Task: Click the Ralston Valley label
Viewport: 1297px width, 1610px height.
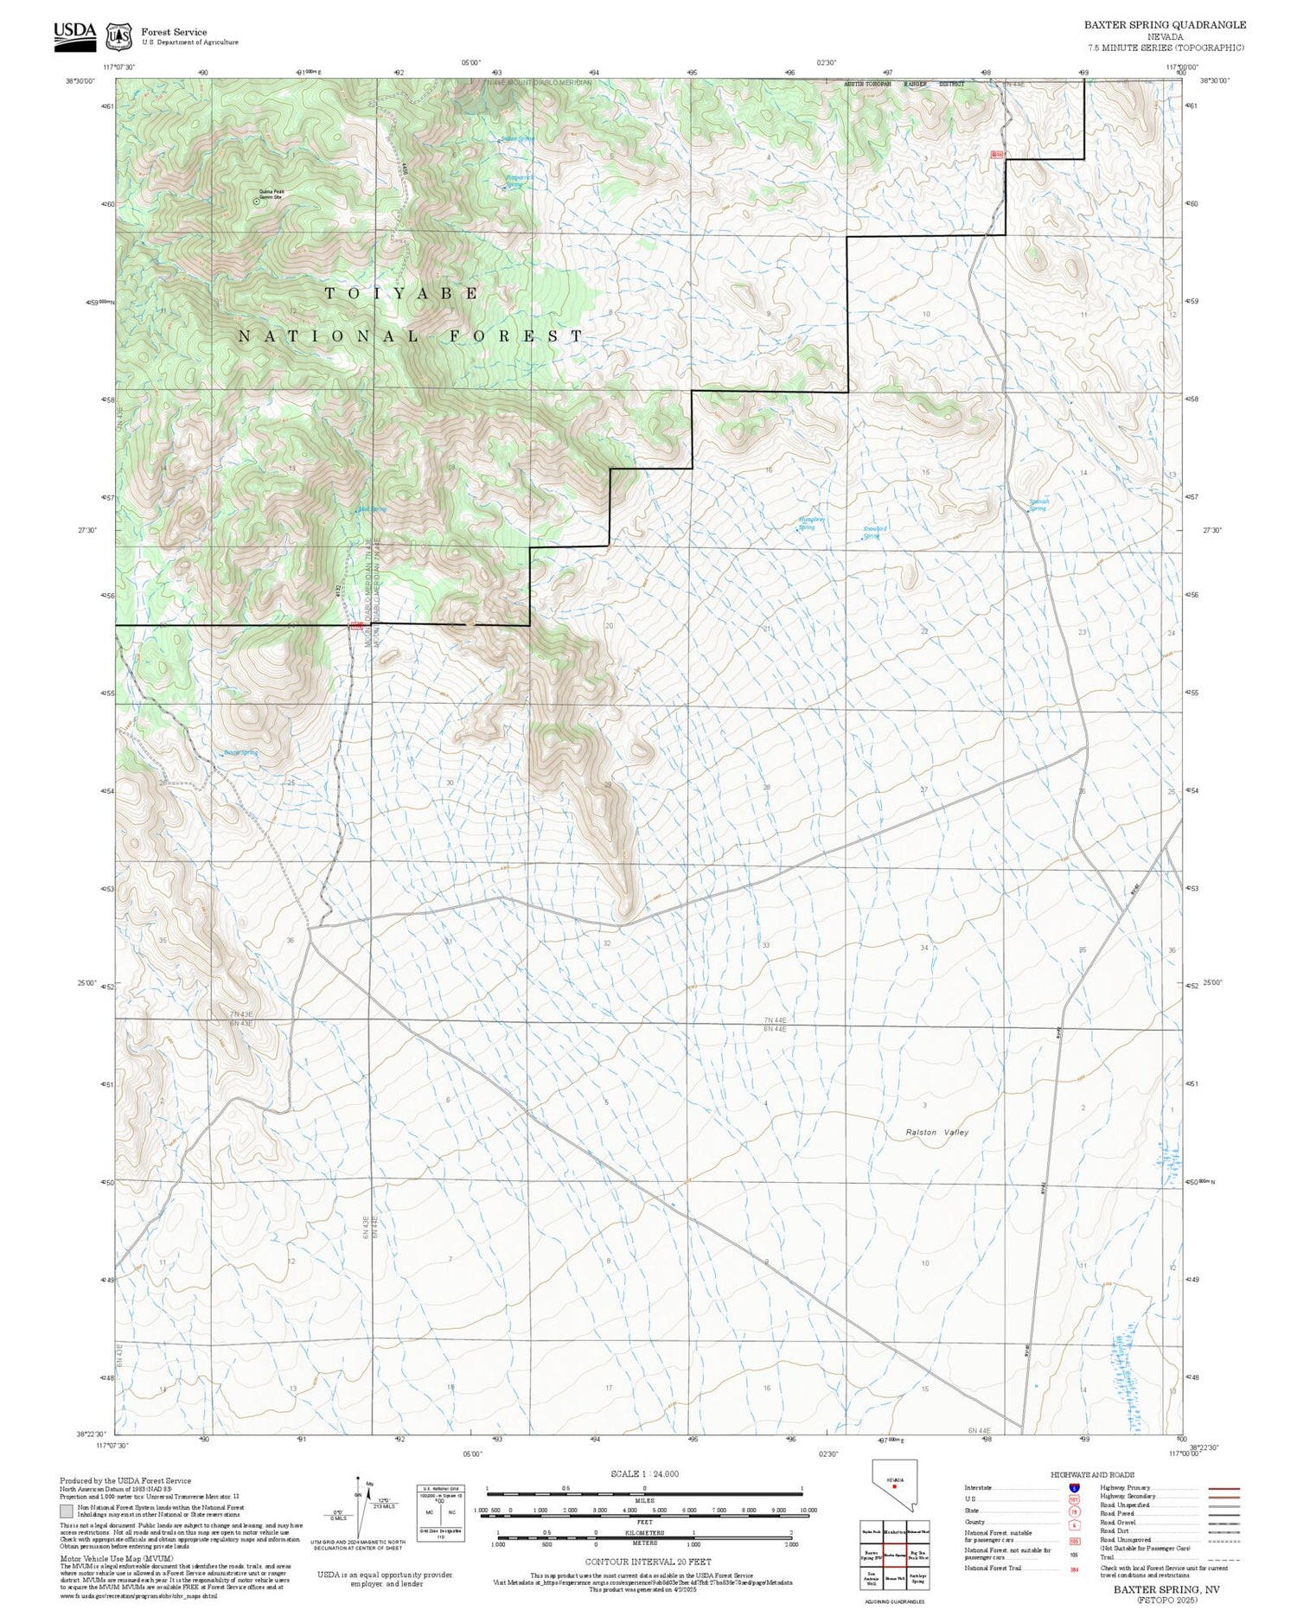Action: pos(936,1132)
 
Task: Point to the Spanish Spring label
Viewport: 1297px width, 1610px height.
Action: pos(1038,505)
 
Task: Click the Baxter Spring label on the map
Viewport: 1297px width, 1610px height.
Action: pos(240,752)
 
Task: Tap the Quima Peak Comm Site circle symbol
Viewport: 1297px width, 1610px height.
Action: pos(256,201)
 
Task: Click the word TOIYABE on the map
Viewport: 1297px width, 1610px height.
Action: pos(401,293)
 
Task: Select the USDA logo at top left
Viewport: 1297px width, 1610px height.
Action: pos(74,35)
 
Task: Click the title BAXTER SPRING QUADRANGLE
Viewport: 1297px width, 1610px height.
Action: pos(1165,25)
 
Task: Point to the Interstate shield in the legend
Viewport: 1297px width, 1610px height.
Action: pos(1074,1487)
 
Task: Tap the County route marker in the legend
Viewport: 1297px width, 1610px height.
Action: pos(1074,1525)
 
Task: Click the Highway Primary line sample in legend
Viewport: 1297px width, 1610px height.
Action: pos(1220,1488)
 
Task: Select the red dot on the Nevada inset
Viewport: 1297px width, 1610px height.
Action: pos(894,1486)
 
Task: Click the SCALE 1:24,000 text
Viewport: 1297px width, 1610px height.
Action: pos(644,1473)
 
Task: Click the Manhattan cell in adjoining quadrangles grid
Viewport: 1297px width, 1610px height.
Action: pos(895,1531)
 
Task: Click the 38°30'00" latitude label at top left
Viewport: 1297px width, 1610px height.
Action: pos(80,80)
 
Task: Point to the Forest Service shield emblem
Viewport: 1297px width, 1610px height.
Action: pos(118,36)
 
